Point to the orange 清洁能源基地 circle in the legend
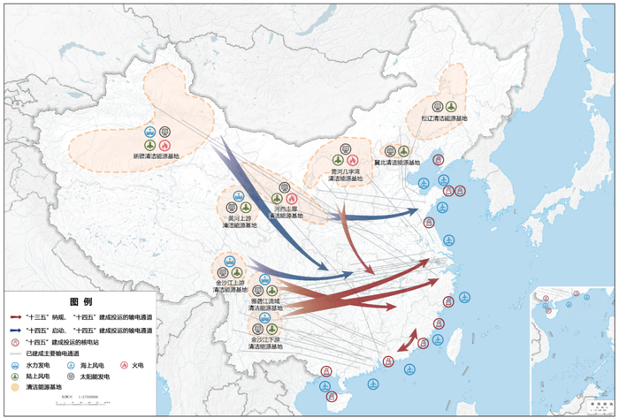15,387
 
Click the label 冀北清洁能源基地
396,163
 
